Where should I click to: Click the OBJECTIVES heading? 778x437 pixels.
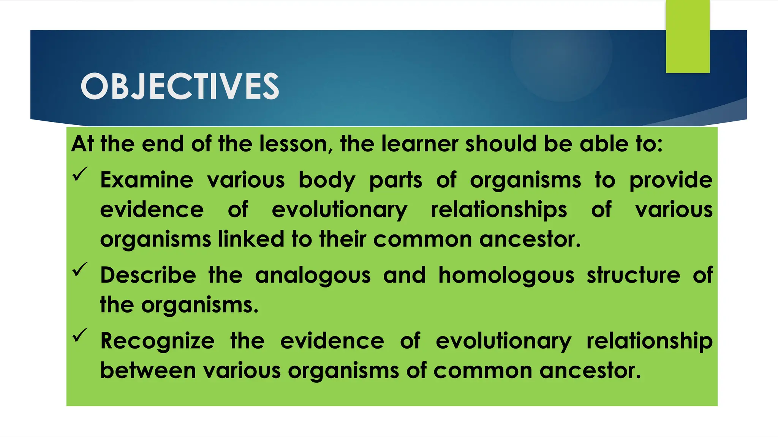point(180,86)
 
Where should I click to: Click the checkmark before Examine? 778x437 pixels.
point(80,174)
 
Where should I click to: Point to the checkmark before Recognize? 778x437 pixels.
point(80,335)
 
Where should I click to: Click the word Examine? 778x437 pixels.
point(147,180)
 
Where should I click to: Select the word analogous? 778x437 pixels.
point(313,275)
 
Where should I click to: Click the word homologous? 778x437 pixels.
point(506,275)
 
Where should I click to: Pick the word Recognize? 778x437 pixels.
point(157,341)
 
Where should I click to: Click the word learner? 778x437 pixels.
point(420,144)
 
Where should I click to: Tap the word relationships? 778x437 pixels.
point(499,210)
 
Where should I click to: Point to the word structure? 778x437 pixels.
point(633,275)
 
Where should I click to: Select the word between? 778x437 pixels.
point(148,371)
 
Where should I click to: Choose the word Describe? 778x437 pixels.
point(148,275)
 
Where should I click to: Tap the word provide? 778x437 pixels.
point(670,181)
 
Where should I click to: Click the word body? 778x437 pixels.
point(327,181)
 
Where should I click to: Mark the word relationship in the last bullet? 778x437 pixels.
point(649,341)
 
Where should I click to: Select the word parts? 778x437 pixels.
point(395,181)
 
